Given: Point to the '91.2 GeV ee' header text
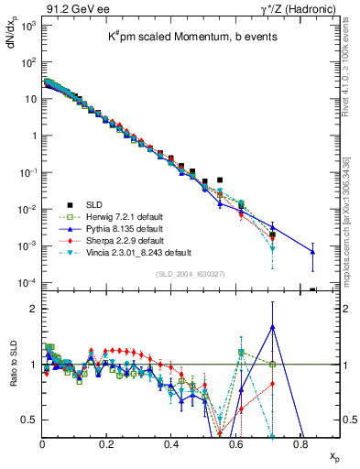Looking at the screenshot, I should (x=71, y=8).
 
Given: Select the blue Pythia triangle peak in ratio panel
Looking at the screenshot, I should (x=272, y=325).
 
